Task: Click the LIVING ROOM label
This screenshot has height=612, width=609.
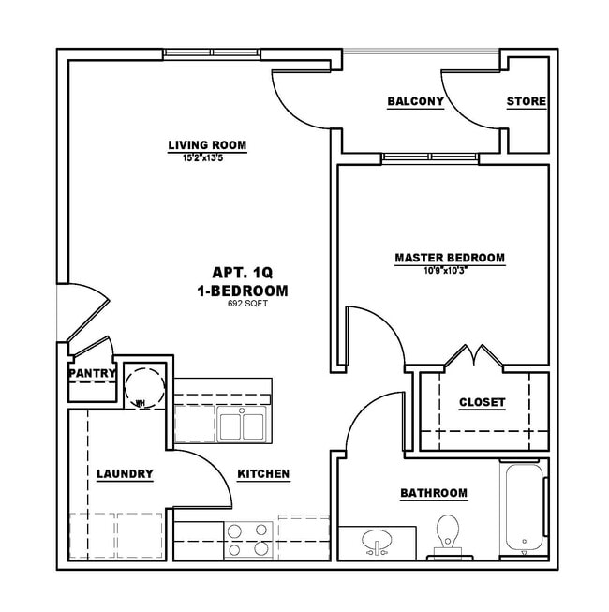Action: (x=207, y=145)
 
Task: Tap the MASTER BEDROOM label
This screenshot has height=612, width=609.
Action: (x=450, y=257)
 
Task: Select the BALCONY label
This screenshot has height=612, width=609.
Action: (x=415, y=101)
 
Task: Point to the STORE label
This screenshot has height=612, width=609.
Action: (x=527, y=101)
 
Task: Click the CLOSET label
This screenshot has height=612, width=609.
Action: (x=482, y=402)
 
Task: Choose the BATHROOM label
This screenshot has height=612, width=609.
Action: (x=433, y=493)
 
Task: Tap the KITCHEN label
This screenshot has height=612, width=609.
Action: (x=262, y=474)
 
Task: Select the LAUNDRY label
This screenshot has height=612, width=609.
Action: (x=125, y=474)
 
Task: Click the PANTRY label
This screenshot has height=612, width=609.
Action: (x=92, y=373)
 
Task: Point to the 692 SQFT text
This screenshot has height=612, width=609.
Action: (x=243, y=304)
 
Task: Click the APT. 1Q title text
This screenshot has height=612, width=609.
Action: (x=243, y=272)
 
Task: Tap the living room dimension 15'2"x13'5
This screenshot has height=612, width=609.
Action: (x=207, y=157)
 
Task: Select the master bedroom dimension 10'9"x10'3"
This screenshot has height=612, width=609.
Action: (x=450, y=269)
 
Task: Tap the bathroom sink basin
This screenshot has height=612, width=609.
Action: (x=379, y=543)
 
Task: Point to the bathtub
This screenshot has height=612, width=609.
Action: (x=523, y=508)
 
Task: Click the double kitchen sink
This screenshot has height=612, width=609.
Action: (x=242, y=425)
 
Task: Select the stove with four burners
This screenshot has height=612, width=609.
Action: (x=248, y=541)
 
